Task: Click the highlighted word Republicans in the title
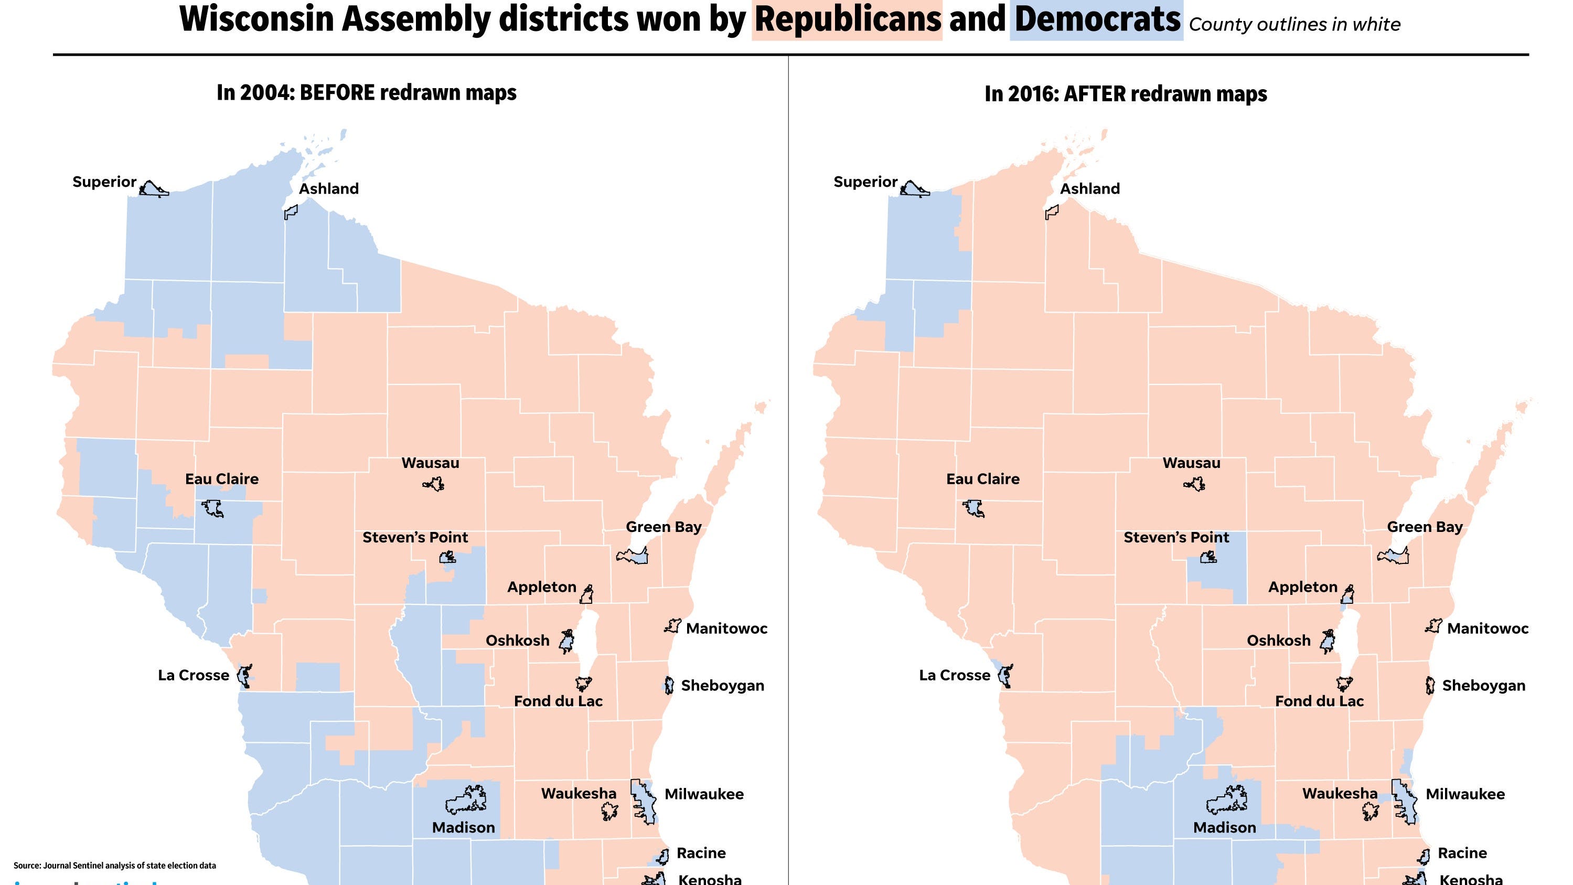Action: [x=848, y=19]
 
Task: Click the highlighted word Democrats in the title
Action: [x=1097, y=19]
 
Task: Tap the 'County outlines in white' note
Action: [x=1294, y=25]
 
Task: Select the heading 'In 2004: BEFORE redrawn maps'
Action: [x=367, y=93]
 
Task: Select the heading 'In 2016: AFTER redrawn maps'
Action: [x=1126, y=94]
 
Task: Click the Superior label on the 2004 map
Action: [x=104, y=182]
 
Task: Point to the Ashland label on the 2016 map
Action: [x=1089, y=189]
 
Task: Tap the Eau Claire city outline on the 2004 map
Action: [x=212, y=507]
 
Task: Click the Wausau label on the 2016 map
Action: [x=1191, y=463]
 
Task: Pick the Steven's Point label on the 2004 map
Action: [x=415, y=538]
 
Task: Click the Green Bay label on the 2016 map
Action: [x=1424, y=527]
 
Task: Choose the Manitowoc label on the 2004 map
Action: [x=726, y=628]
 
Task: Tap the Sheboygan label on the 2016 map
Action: [x=1483, y=686]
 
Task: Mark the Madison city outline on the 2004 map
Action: [x=466, y=800]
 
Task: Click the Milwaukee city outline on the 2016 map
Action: [x=1405, y=801]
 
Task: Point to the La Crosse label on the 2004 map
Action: [x=194, y=676]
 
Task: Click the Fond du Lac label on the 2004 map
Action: [x=558, y=701]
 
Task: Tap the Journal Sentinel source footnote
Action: [x=115, y=866]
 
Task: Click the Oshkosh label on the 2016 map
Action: [x=1278, y=641]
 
